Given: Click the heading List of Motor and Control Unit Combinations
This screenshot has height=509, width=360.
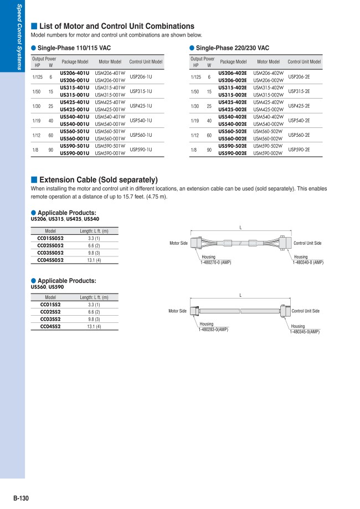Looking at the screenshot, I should (x=116, y=26).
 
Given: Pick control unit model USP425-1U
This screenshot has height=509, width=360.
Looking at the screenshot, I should (x=141, y=106).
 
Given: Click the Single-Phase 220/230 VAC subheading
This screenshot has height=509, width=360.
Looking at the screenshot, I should (x=232, y=49).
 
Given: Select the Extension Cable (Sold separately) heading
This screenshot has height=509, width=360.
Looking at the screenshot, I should (x=98, y=180).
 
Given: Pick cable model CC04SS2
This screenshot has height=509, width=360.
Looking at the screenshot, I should (x=50, y=327).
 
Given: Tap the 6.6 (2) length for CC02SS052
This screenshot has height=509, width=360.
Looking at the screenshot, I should (x=94, y=245).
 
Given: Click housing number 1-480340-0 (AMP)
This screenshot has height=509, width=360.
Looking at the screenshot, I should (x=308, y=262).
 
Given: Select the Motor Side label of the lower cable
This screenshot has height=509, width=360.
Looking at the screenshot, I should (x=177, y=311).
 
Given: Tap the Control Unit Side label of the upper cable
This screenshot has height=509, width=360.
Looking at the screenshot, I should (x=307, y=243).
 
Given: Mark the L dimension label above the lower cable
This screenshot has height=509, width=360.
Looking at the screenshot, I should (x=240, y=295).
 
